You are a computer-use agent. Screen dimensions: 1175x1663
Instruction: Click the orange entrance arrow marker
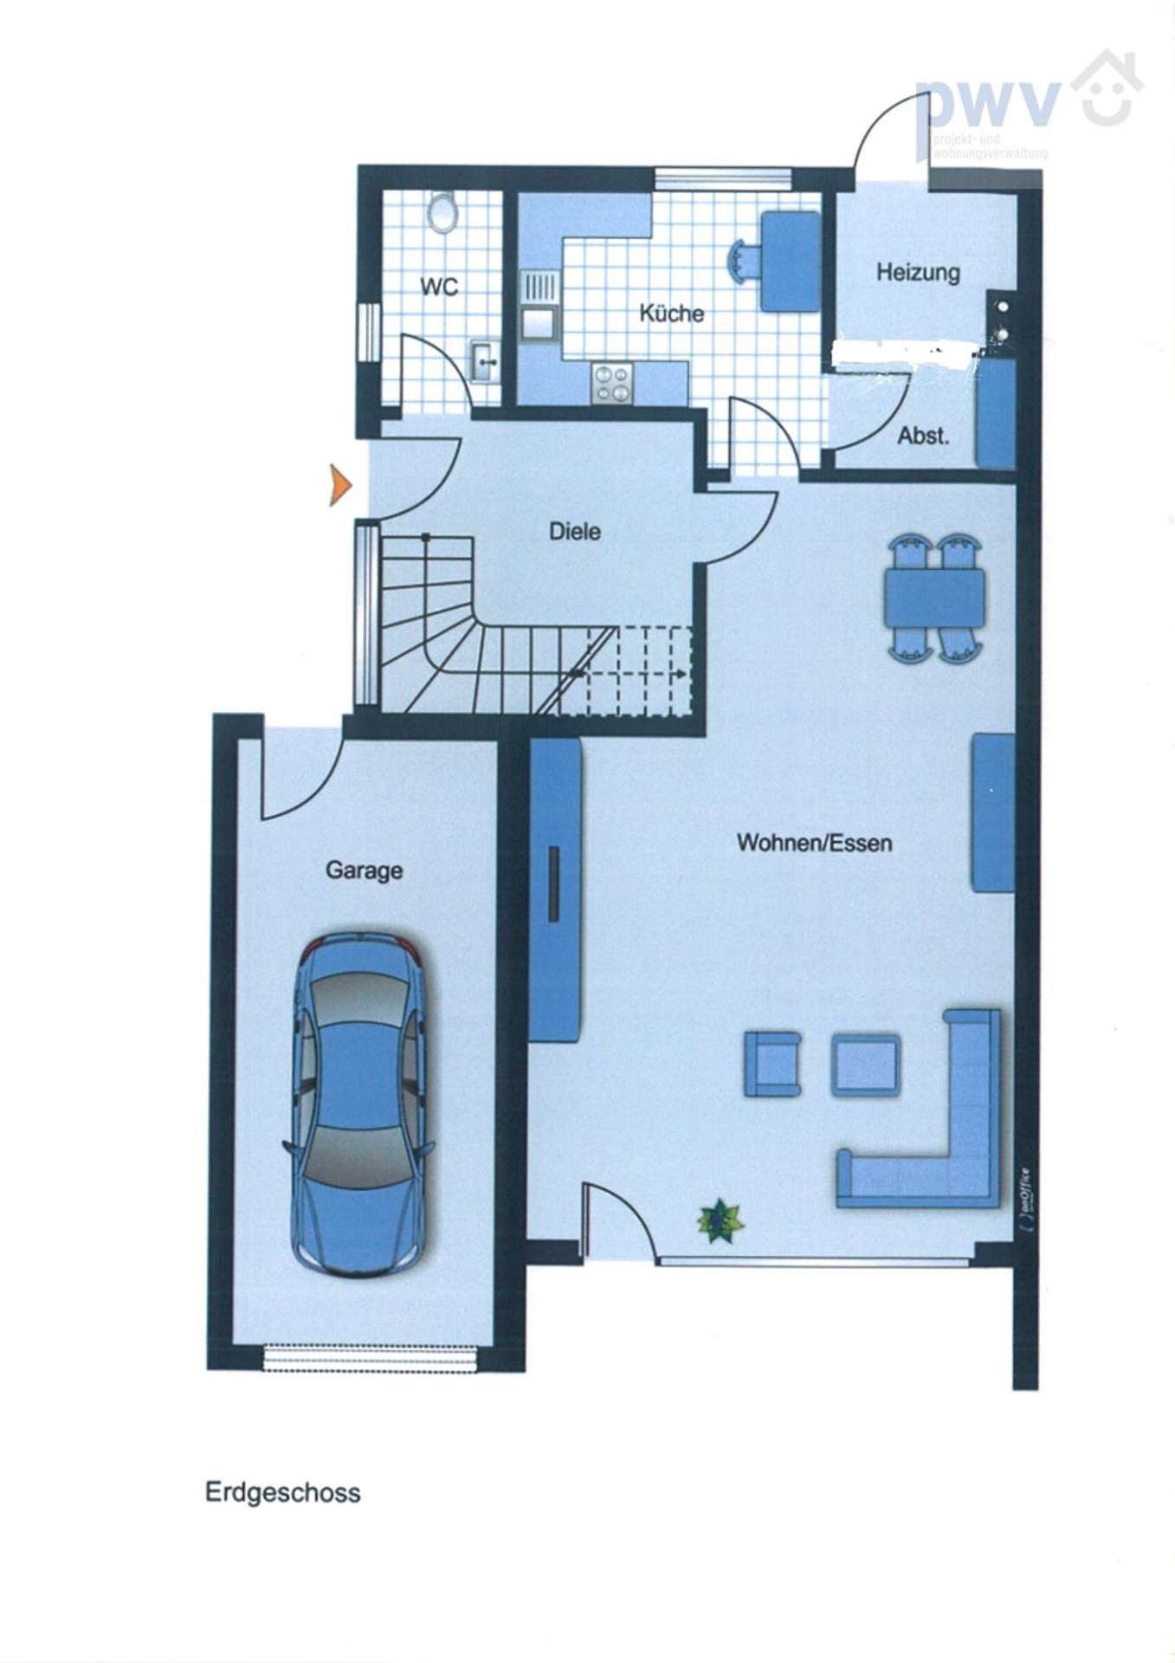339,484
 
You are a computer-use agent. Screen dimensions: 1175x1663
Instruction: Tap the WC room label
439,287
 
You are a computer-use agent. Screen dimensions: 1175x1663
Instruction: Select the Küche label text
671,313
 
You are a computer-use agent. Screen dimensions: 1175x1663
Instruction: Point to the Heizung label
918,273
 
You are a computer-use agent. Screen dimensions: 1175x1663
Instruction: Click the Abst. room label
923,436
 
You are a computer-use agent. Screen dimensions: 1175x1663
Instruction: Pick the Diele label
575,531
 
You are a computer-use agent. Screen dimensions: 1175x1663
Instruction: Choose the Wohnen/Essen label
814,843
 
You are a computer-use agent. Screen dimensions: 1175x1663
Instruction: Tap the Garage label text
364,870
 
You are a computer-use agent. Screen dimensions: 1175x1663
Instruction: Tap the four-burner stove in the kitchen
612,383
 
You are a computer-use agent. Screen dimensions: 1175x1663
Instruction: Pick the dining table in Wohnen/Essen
934,596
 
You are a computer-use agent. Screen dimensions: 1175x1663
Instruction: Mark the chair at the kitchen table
744,261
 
